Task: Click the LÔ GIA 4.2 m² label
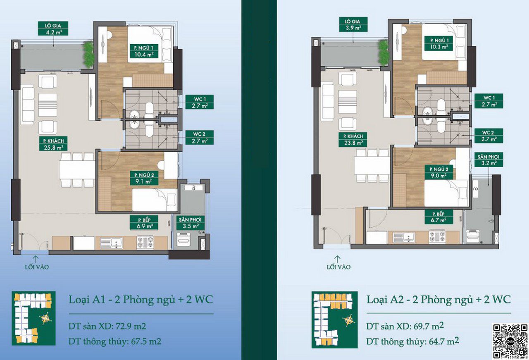coord(53,29)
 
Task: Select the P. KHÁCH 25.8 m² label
coord(53,143)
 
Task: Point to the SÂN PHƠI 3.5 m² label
coord(191,223)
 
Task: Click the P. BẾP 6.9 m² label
coord(144,223)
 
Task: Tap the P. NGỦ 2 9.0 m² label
coord(439,172)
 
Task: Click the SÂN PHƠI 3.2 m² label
coord(488,160)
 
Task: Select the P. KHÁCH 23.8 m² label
coord(353,139)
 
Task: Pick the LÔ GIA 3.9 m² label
coord(353,24)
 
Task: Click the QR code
coord(510,341)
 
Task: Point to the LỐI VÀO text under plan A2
coord(338,267)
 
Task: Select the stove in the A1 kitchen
coord(145,243)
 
